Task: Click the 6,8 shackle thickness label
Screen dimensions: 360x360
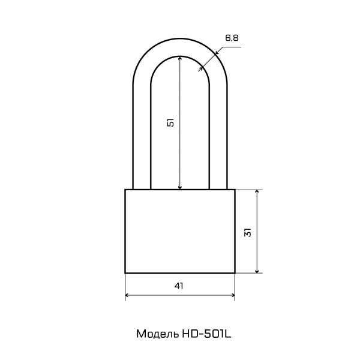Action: click(x=232, y=38)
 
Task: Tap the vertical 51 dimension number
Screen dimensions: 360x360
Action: click(x=170, y=122)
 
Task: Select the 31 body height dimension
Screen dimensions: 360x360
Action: click(x=248, y=232)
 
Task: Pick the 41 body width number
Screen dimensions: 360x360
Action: click(x=179, y=286)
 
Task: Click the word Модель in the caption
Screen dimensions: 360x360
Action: click(x=157, y=334)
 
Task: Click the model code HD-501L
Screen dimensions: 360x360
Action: click(x=206, y=334)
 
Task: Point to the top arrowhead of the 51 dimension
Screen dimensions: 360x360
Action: click(x=180, y=58)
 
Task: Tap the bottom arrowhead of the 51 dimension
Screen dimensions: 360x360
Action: click(x=180, y=187)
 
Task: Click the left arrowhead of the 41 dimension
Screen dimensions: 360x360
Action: click(x=127, y=295)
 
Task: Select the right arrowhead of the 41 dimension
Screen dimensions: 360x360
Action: click(x=233, y=295)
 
